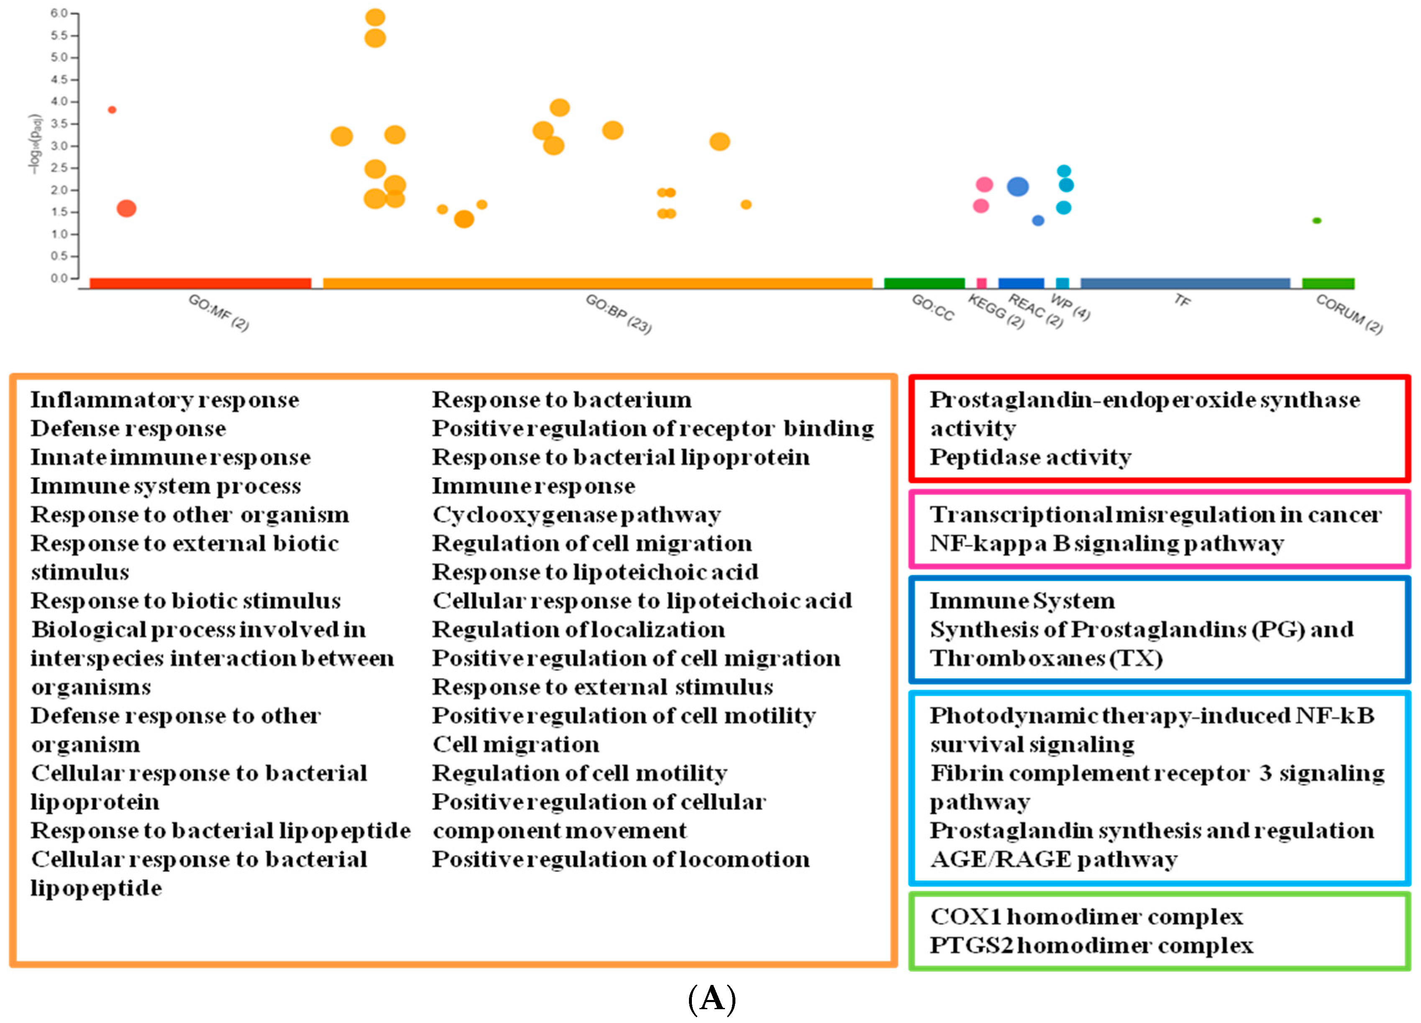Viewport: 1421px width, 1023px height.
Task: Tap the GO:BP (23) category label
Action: click(x=618, y=314)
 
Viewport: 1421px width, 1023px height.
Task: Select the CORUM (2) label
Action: click(x=1349, y=314)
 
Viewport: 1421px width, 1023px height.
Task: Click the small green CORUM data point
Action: click(x=1316, y=221)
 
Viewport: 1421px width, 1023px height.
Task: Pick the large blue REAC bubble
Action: click(x=1017, y=186)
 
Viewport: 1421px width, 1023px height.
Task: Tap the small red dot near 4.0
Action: click(x=112, y=110)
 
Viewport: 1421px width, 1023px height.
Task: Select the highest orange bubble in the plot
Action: click(x=375, y=18)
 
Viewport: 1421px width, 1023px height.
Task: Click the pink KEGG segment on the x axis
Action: click(x=981, y=283)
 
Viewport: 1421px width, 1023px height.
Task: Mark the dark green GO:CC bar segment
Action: click(x=924, y=283)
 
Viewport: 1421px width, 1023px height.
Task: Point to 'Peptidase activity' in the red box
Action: click(x=1030, y=458)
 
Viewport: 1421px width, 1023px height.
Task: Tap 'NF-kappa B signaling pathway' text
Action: click(x=1106, y=543)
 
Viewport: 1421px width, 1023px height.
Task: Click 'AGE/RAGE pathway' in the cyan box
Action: click(x=1053, y=859)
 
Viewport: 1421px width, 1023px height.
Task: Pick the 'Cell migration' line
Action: click(x=516, y=745)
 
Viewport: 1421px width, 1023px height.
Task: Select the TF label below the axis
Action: click(x=1182, y=301)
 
